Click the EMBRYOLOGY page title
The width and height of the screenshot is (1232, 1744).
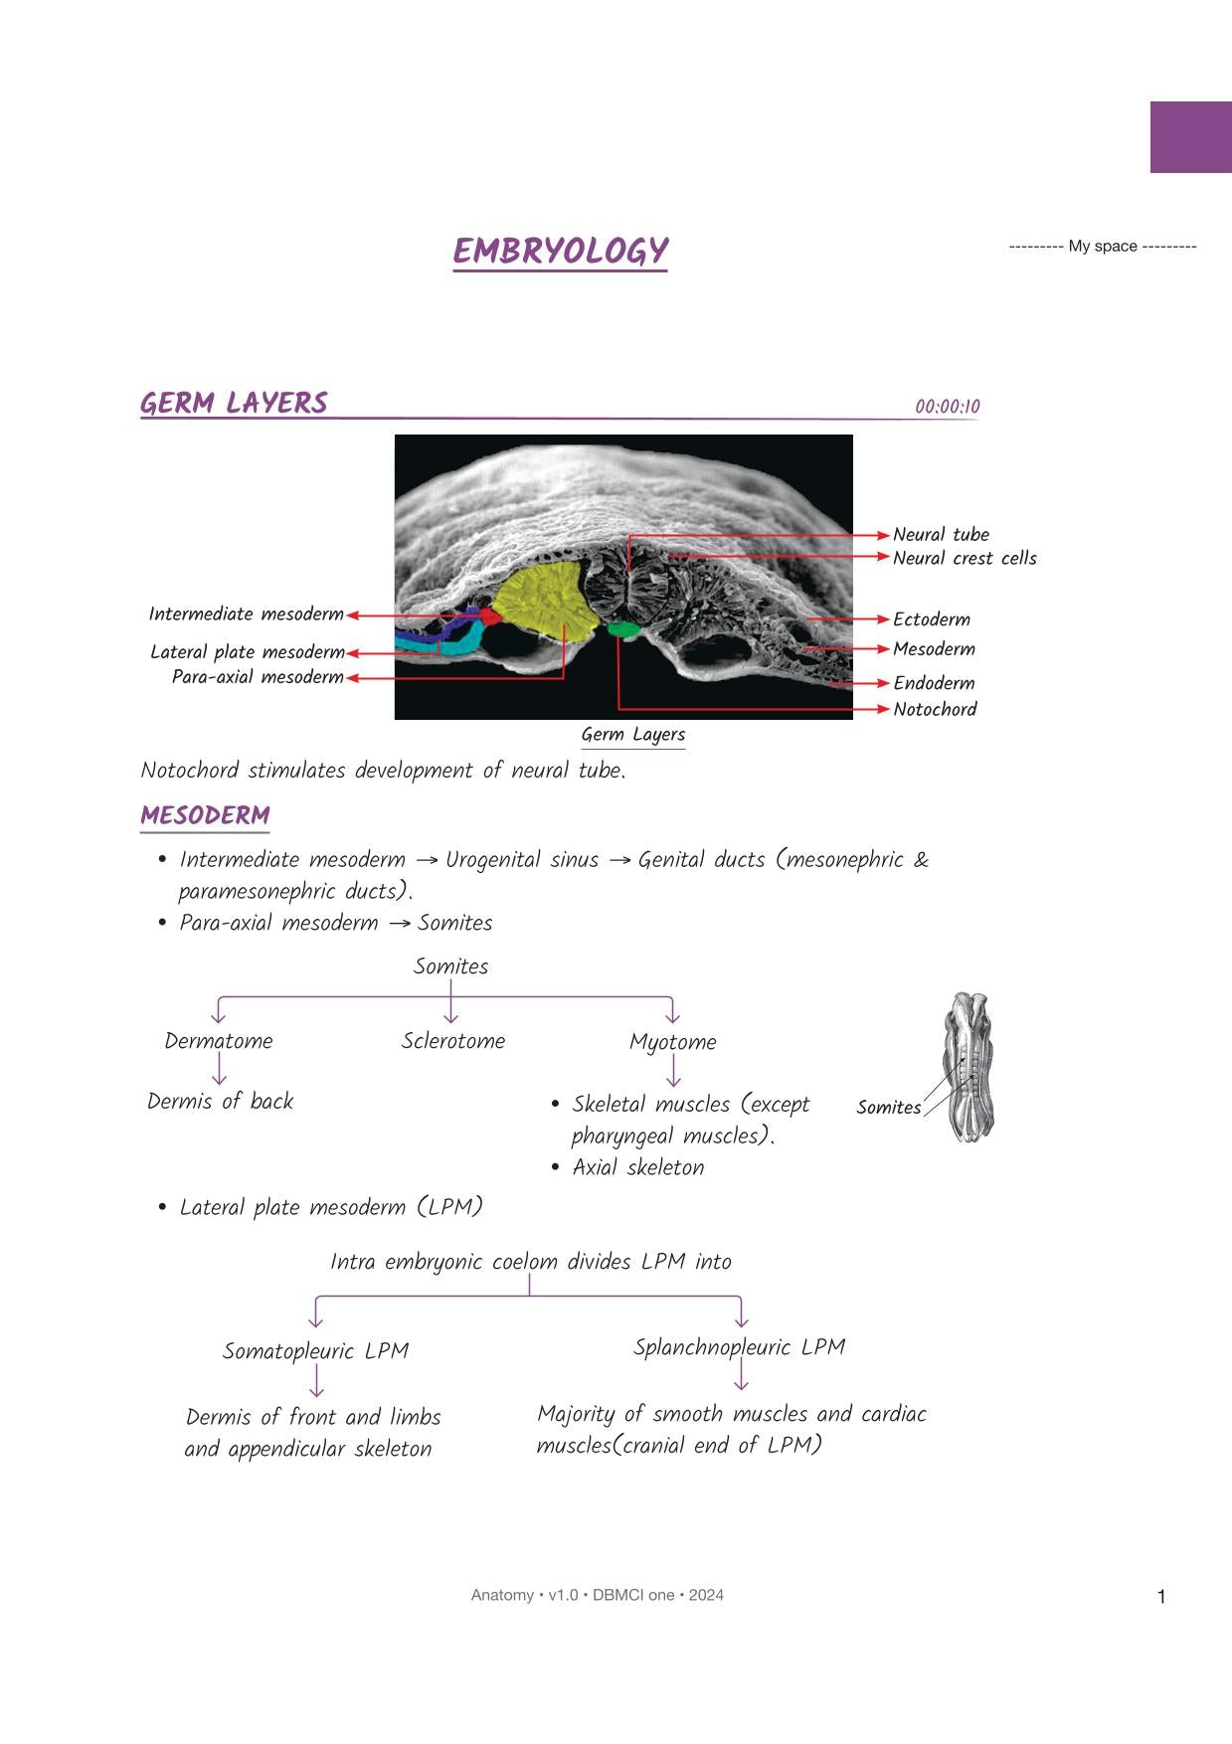(x=560, y=251)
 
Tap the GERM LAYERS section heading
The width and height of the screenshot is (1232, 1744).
(x=234, y=404)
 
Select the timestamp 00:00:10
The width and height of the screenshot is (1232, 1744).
(x=947, y=407)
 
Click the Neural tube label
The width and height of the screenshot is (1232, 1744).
(x=941, y=535)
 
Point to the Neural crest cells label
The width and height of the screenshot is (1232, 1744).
(x=964, y=559)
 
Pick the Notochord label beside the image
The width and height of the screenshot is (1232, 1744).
(x=935, y=710)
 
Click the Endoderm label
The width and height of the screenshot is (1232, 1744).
(x=934, y=683)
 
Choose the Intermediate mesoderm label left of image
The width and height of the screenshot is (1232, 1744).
(x=246, y=614)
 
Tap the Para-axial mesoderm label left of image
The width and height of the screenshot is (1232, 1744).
(x=258, y=677)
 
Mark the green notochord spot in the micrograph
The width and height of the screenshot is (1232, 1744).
(x=623, y=629)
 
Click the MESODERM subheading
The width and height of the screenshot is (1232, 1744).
(x=205, y=816)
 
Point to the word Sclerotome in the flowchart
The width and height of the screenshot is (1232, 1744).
(x=453, y=1041)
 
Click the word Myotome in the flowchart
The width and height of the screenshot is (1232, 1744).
(x=672, y=1042)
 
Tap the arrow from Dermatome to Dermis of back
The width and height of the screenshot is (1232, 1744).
(x=219, y=1069)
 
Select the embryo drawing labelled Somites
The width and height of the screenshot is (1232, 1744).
(x=969, y=1067)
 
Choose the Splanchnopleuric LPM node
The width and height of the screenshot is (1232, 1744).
(x=739, y=1347)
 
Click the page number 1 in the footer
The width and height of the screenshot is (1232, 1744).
(x=1161, y=1597)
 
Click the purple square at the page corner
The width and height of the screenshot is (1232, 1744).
(x=1190, y=137)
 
